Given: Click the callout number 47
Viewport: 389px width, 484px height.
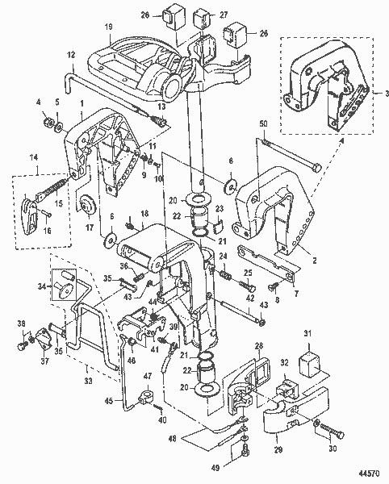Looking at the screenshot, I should [x=147, y=376].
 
